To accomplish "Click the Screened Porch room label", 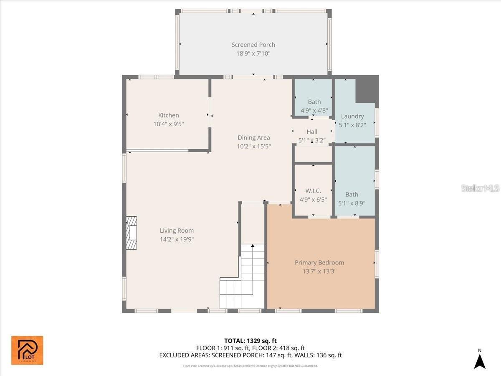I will [x=253, y=45].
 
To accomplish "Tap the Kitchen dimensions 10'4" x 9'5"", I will [x=168, y=124].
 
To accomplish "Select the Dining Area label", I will [x=253, y=137].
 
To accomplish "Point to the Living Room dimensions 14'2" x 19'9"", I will [x=177, y=239].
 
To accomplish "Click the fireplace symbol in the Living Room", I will [x=132, y=233].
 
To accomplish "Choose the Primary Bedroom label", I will [x=319, y=262].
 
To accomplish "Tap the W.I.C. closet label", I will [x=313, y=191].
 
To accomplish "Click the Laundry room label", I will [x=352, y=116].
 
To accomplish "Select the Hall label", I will [x=312, y=132].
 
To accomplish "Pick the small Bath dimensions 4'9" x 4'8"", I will [x=314, y=111].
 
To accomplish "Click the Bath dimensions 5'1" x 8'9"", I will [x=352, y=203].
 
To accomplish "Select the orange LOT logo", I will [x=27, y=350].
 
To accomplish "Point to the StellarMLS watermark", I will [x=480, y=188].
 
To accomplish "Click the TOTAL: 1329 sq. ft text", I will [x=250, y=340].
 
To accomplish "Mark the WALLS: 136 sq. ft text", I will [x=320, y=355].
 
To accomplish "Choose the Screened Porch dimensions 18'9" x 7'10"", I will [x=253, y=53].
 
